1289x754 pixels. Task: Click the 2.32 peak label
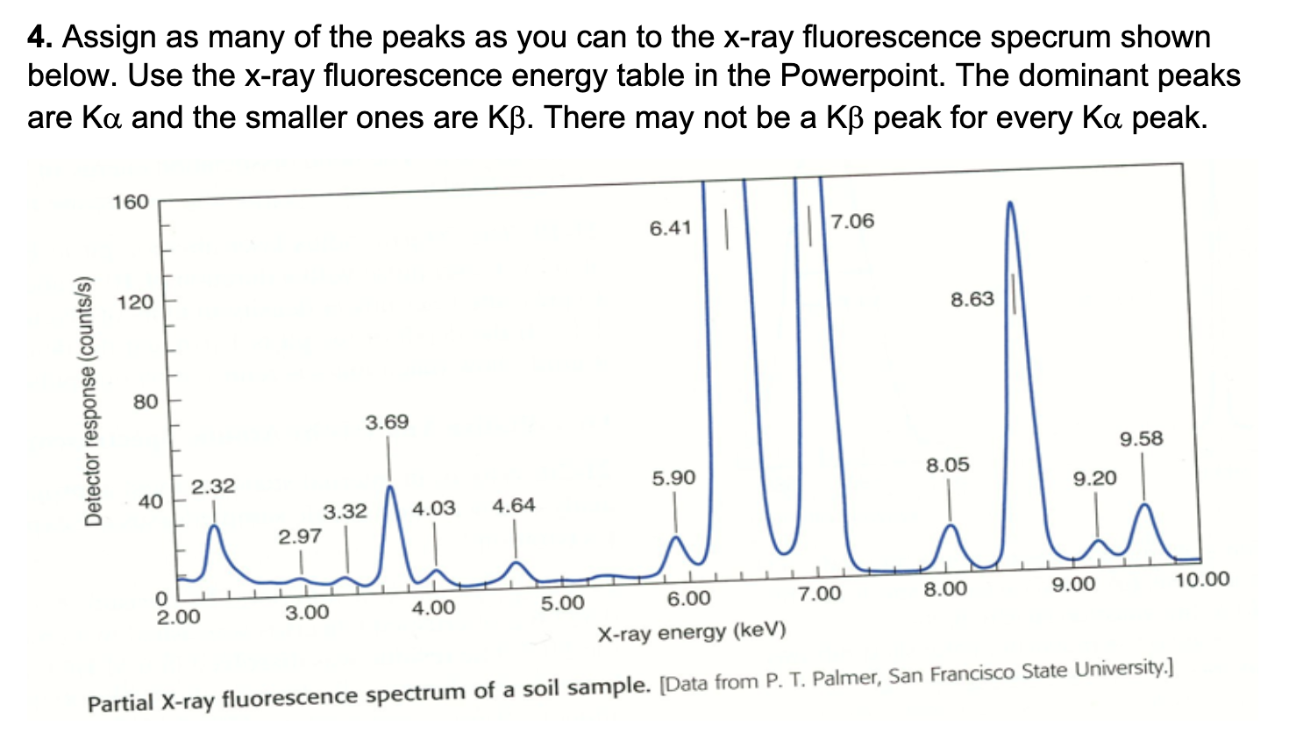click(213, 486)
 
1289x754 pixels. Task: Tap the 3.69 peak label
click(387, 423)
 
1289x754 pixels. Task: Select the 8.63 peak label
click(972, 300)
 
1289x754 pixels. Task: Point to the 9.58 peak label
click(1141, 438)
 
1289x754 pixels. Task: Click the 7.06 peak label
click(852, 221)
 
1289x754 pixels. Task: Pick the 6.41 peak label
click(671, 228)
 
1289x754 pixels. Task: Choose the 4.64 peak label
click(514, 505)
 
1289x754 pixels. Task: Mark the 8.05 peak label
click(948, 465)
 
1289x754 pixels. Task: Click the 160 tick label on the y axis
click(131, 203)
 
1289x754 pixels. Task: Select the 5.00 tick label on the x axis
click(562, 604)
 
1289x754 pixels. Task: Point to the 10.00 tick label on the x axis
click(1202, 580)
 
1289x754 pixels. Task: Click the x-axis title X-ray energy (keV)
click(691, 631)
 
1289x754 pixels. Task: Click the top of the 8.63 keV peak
click(1010, 203)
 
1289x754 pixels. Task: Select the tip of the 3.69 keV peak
click(390, 486)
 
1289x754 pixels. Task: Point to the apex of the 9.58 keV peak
click(1144, 504)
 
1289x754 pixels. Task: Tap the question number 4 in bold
click(39, 38)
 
